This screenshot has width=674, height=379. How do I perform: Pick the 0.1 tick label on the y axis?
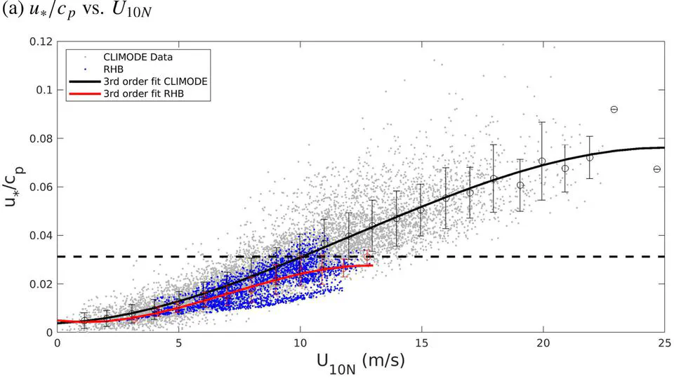pyautogui.click(x=45, y=90)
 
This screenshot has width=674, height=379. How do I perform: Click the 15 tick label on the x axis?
pyautogui.click(x=421, y=343)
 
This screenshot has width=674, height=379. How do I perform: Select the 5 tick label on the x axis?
pyautogui.click(x=178, y=343)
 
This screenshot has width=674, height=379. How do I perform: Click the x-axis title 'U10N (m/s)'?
pyautogui.click(x=359, y=363)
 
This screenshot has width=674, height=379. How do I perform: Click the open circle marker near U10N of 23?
pyautogui.click(x=614, y=109)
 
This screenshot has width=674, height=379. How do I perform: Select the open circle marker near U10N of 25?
pyautogui.click(x=657, y=169)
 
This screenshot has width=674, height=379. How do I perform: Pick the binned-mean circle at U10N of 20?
pyautogui.click(x=542, y=161)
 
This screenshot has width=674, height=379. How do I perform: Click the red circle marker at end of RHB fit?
pyautogui.click(x=367, y=258)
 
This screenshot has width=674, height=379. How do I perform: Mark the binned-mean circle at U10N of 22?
pyautogui.click(x=590, y=157)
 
